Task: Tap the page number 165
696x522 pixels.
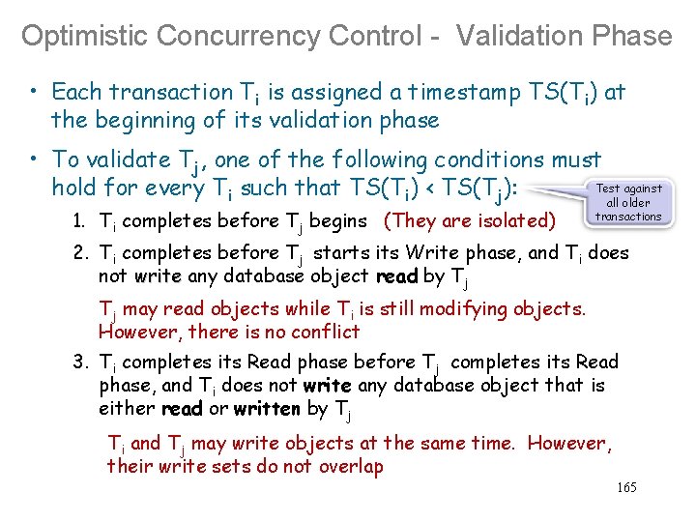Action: (626, 487)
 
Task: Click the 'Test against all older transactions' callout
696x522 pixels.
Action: (628, 203)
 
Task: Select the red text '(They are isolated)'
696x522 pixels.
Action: (470, 220)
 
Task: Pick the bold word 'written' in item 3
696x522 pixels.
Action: (268, 409)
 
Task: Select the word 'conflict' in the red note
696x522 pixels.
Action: (326, 333)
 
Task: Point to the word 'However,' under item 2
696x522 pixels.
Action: (133, 333)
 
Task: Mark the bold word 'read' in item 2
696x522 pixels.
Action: (396, 276)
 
